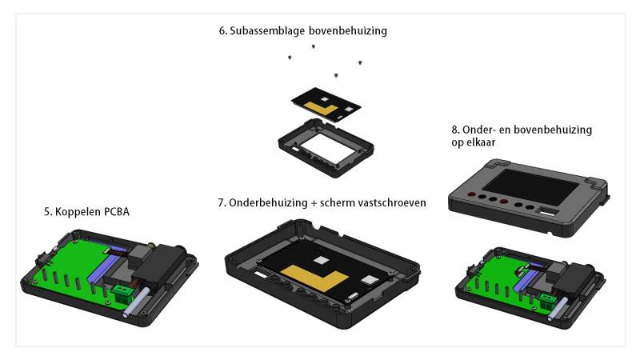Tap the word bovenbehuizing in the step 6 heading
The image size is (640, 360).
pyautogui.click(x=348, y=30)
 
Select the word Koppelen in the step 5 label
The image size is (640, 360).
pyautogui.click(x=78, y=212)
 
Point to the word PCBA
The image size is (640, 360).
pyautogui.click(x=116, y=212)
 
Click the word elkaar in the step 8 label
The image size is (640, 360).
pyautogui.click(x=482, y=142)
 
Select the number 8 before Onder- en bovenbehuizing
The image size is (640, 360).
pyautogui.click(x=454, y=130)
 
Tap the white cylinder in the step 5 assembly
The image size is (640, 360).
pyautogui.click(x=135, y=303)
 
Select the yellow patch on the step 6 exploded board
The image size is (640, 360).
pyautogui.click(x=322, y=108)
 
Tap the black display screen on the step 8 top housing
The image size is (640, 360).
pyautogui.click(x=536, y=187)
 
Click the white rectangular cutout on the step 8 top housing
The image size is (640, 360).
pyautogui.click(x=547, y=212)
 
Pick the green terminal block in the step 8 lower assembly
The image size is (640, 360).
pyautogui.click(x=547, y=302)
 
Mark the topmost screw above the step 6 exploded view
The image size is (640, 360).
pyautogui.click(x=314, y=46)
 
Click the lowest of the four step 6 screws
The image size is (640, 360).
pyautogui.click(x=336, y=75)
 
